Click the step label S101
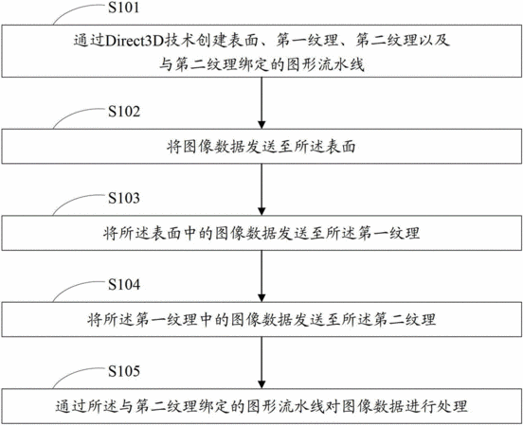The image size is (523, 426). [123, 8]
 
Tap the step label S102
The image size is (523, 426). [124, 112]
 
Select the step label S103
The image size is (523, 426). [124, 198]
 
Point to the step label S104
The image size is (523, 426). [124, 285]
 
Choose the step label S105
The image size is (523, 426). [124, 371]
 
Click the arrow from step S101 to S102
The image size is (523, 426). [261, 103]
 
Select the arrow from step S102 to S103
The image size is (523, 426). [261, 189]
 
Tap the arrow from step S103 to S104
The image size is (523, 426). [261, 276]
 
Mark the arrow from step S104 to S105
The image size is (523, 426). [261, 363]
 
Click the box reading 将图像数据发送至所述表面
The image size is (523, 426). [261, 146]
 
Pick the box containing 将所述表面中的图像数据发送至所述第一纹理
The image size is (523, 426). [261, 233]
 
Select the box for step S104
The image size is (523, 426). [261, 319]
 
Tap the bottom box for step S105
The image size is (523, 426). [261, 406]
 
